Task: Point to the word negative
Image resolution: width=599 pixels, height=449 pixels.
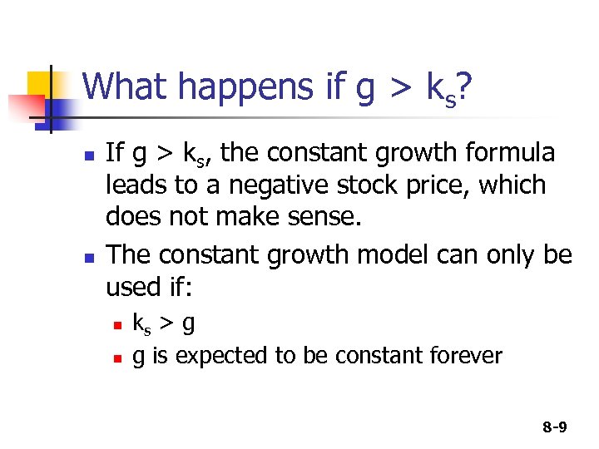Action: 244,185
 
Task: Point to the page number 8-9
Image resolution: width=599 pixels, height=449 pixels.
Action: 554,427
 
